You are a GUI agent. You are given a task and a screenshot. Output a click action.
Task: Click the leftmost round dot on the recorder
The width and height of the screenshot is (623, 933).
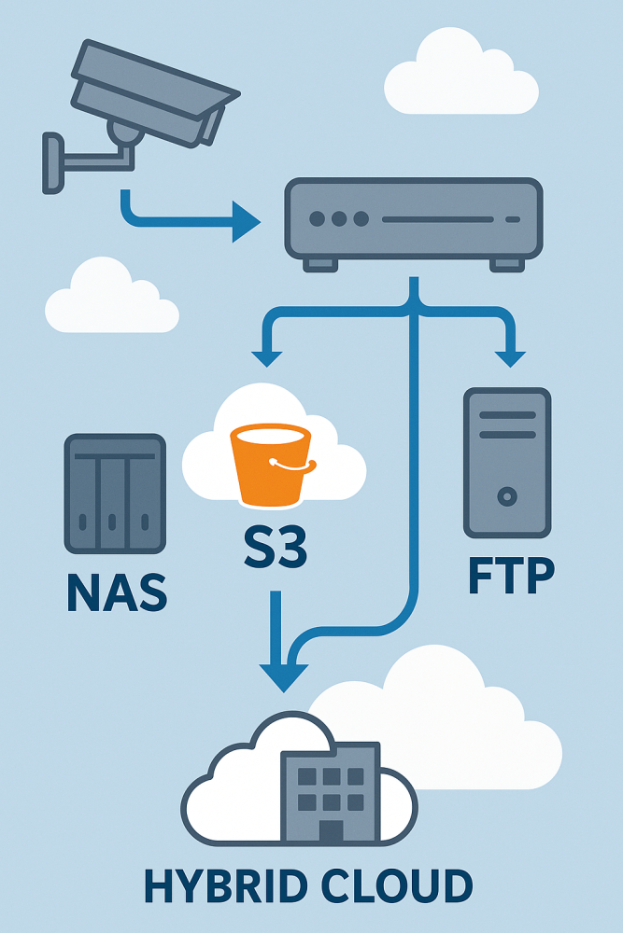pos(317,219)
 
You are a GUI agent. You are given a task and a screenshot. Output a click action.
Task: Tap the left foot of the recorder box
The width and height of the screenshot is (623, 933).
pos(320,264)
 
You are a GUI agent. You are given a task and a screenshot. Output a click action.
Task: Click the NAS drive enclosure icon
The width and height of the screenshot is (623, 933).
pos(110,493)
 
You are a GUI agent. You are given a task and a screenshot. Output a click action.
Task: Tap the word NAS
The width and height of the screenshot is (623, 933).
pos(117,592)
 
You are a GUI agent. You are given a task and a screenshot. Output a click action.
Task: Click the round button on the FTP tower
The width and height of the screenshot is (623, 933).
pos(506,494)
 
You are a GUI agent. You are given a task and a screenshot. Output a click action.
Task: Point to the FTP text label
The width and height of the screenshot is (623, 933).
pos(510,576)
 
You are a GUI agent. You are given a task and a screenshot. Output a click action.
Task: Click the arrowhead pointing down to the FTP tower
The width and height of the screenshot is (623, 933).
pos(510,356)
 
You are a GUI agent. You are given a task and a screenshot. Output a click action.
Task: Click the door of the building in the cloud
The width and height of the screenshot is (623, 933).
pos(331,829)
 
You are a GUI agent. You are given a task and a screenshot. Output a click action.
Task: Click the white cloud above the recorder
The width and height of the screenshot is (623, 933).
pos(461,75)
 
